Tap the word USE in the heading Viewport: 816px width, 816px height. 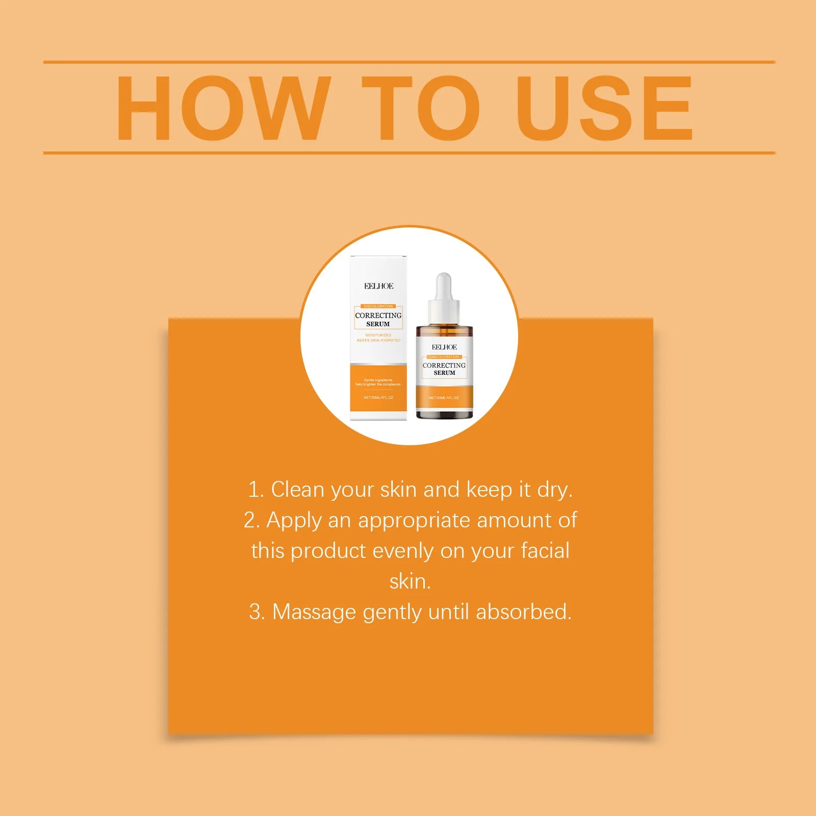point(604,108)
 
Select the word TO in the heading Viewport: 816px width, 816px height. point(421,108)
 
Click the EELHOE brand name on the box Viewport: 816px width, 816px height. point(378,286)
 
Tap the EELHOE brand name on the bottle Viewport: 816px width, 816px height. point(444,347)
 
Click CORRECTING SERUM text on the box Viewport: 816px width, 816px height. point(378,319)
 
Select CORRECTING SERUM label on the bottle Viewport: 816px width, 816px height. point(444,369)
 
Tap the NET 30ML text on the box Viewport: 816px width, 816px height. point(378,397)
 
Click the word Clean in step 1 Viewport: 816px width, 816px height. point(297,490)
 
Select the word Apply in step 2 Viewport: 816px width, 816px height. point(294,521)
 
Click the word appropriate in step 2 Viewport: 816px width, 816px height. point(414,521)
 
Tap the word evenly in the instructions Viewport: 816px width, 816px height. point(402,551)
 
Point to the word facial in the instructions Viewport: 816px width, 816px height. point(545,551)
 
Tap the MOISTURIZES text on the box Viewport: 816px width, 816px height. point(378,335)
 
